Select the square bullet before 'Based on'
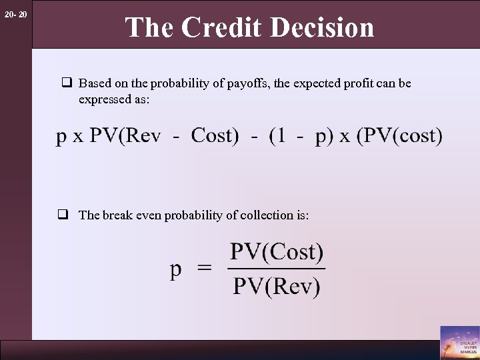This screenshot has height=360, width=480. pyautogui.click(x=67, y=84)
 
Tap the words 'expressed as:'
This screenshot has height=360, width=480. pyautogui.click(x=114, y=99)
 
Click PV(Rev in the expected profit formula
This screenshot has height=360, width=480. pyautogui.click(x=125, y=136)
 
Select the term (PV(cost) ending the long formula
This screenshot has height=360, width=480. pyautogui.click(x=399, y=136)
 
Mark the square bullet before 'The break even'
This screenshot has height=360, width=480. pyautogui.click(x=67, y=215)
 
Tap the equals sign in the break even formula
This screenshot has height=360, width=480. pyautogui.click(x=205, y=269)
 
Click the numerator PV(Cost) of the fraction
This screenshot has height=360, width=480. pyautogui.click(x=277, y=253)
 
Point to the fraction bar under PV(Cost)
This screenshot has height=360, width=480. pyautogui.click(x=277, y=269)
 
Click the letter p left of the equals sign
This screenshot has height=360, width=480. pyautogui.click(x=176, y=271)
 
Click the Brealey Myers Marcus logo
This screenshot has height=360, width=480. pyautogui.click(x=459, y=342)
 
